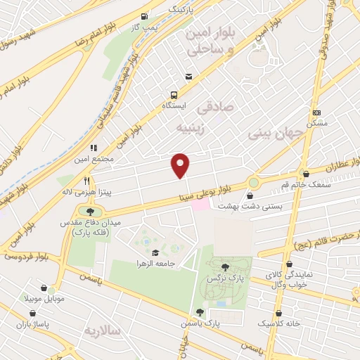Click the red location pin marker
coord(181,165)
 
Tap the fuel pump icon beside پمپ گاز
coord(144,17)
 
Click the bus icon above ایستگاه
coord(173,96)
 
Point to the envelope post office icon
coord(188,77)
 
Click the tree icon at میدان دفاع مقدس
coord(90,211)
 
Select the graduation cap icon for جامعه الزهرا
coord(154,252)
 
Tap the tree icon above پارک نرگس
coord(224,266)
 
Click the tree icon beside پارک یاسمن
coord(200,312)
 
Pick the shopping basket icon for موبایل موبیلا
coord(46,288)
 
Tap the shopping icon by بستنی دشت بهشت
coord(250,196)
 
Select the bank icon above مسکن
coord(316,112)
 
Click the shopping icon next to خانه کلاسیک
coord(279,313)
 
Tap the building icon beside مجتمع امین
coord(94,148)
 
